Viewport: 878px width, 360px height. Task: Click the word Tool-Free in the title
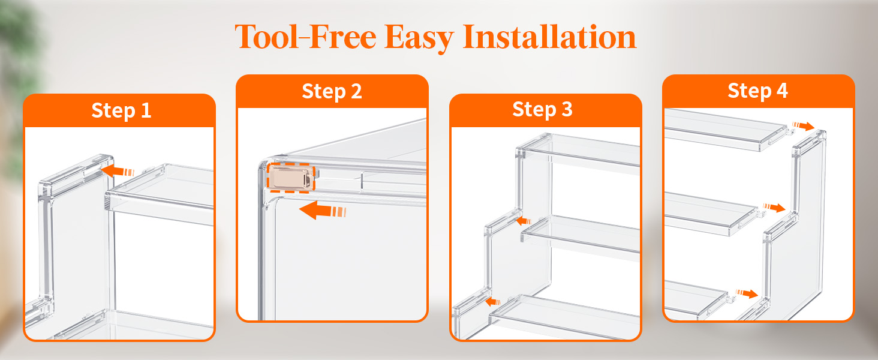coord(306,37)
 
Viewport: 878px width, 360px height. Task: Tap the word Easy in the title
coord(419,38)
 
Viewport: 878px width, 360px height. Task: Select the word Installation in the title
coord(549,37)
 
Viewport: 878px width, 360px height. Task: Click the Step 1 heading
coord(121,110)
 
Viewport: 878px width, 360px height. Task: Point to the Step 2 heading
coord(332,91)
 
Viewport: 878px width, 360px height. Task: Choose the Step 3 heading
coord(543,109)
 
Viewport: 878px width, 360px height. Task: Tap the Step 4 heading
coord(757,91)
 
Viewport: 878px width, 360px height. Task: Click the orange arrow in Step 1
coord(118,171)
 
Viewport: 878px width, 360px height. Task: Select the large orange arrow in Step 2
coord(323,211)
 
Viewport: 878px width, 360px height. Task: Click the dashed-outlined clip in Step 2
coord(291,178)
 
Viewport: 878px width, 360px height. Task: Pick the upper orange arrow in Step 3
coord(524,221)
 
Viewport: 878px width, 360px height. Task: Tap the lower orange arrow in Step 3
coord(493,302)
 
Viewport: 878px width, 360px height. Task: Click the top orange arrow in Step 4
coord(803,126)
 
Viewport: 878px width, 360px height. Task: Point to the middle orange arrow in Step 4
coord(774,208)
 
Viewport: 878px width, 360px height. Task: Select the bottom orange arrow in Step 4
coord(747,293)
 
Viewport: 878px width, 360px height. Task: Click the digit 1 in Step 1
coord(146,110)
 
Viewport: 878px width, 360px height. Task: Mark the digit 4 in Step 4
coord(783,91)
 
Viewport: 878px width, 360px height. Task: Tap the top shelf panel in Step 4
coord(725,130)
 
